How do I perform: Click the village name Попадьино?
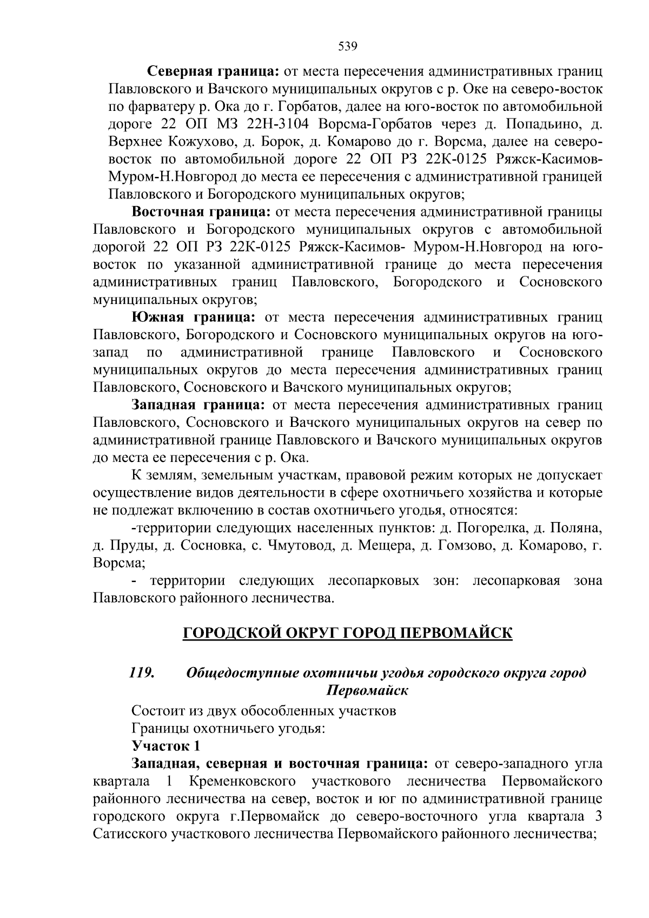pos(541,124)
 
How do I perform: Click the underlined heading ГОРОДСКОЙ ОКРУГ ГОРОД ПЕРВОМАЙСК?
pos(347,633)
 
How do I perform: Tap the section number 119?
pos(142,673)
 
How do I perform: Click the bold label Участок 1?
pos(165,746)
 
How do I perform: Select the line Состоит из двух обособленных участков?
pos(263,711)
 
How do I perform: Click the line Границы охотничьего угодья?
pos(228,728)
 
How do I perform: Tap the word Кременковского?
pos(243,781)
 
